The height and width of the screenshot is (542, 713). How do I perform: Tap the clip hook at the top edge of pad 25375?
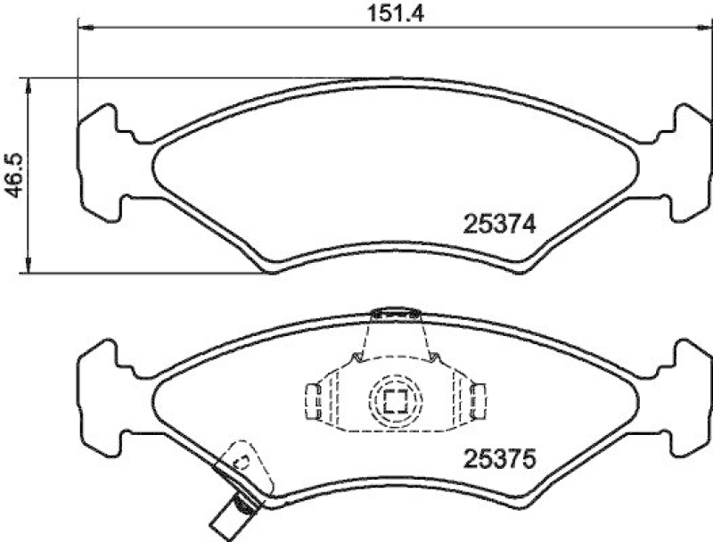pyautogui.click(x=395, y=313)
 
